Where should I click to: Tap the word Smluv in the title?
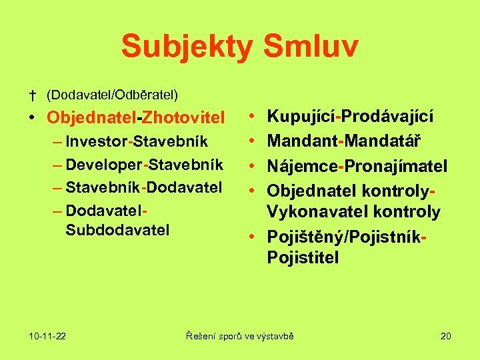pos(311,47)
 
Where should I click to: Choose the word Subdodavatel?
pos(118,230)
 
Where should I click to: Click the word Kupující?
pos(301,117)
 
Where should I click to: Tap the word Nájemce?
pos(299,165)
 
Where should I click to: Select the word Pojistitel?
pos(303,257)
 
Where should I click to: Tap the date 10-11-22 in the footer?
pos(47,336)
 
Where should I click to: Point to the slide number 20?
pos(445,336)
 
